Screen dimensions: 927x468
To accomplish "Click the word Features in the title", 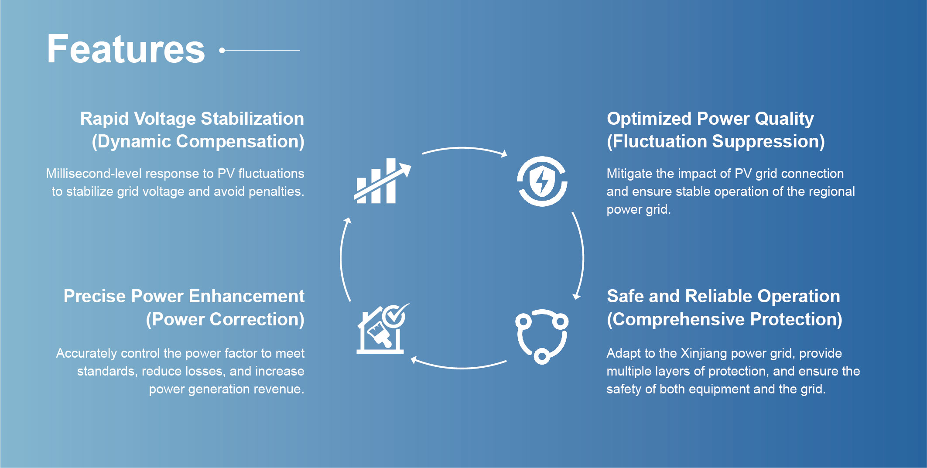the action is point(126,49).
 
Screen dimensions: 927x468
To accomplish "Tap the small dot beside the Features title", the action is point(222,51).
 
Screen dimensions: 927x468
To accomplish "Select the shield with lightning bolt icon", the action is point(542,181).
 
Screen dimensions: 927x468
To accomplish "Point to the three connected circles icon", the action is point(542,336).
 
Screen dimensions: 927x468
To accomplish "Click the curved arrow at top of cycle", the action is point(463,148).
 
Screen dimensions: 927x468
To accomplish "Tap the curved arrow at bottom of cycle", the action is point(460,368).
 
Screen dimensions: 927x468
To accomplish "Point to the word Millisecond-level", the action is point(94,174).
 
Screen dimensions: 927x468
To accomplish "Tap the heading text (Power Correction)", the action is point(225,319).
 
